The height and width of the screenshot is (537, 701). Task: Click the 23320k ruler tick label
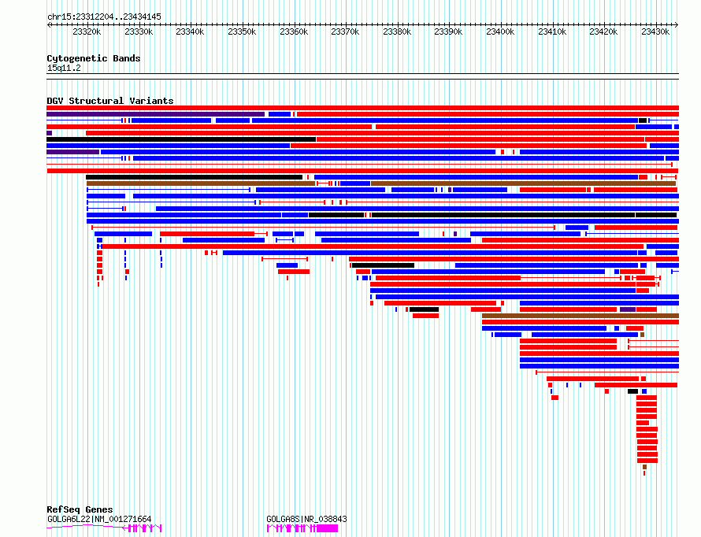87,31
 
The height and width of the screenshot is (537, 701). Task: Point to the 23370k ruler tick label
345,31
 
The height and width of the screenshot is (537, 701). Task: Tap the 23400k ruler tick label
500,31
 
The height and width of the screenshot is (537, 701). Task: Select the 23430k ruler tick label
655,31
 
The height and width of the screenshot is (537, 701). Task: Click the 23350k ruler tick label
242,31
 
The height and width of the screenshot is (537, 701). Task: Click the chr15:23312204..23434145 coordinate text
104,17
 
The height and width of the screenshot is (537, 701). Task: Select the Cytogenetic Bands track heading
94,58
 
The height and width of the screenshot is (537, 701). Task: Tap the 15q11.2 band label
64,68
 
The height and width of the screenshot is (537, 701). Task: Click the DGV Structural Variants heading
110,101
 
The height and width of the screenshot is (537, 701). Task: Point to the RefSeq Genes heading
80,509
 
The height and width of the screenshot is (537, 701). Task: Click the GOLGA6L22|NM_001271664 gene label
99,519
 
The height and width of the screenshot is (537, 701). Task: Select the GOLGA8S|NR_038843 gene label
306,519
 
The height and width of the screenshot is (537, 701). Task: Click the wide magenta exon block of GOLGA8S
327,528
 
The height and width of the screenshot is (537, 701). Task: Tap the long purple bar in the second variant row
156,114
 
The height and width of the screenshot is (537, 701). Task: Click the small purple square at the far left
49,133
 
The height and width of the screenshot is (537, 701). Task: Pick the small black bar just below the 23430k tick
643,120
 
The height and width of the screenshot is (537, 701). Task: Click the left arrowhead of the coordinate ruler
49,25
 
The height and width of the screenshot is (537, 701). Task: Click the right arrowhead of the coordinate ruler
677,25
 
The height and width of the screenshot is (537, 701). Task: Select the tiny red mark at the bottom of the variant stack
644,473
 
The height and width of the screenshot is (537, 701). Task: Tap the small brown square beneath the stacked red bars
644,467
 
